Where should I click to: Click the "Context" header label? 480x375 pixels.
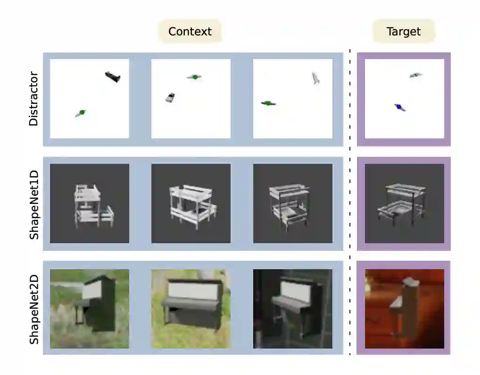[190, 32]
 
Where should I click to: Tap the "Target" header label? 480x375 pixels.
[403, 32]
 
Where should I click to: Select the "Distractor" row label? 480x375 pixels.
[33, 99]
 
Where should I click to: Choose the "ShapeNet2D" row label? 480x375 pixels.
[33, 307]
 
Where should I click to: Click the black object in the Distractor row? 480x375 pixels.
[113, 76]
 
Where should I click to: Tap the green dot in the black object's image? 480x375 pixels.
[82, 112]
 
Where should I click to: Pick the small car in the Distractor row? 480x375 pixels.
[170, 97]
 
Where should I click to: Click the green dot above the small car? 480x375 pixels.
[194, 77]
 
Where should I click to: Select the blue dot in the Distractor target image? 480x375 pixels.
[399, 108]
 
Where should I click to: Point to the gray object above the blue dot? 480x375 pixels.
[415, 75]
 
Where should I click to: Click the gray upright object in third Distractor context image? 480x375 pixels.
[315, 78]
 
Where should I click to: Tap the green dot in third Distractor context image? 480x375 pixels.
[268, 103]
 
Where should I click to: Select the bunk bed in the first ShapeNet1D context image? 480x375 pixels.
[92, 204]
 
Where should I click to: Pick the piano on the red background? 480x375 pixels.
[404, 309]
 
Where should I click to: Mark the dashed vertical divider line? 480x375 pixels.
[349, 203]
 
